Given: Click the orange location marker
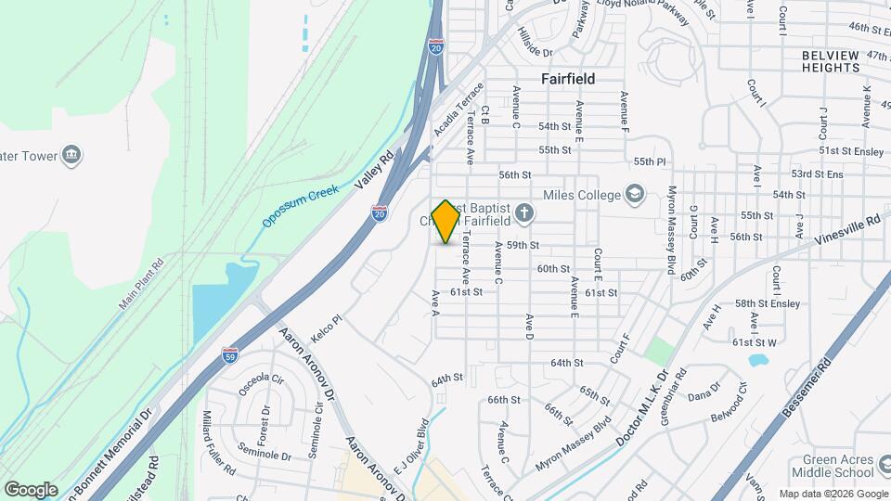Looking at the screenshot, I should [446, 222].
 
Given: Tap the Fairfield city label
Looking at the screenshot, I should [568, 79].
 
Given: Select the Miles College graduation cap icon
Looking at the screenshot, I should [634, 194].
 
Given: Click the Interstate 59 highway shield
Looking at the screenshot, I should [231, 353].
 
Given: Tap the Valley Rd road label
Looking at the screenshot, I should [375, 172].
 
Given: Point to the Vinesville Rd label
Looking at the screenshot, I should [847, 230].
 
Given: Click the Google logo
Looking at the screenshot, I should [31, 489].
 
